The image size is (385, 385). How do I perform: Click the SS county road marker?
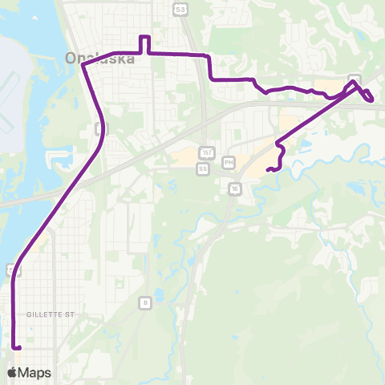click(202, 169)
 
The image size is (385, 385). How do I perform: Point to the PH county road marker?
click(229, 162)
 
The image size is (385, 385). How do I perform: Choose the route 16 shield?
click(234, 188)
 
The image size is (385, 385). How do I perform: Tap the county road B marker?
click(144, 302)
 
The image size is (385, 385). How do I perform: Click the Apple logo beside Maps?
click(13, 372)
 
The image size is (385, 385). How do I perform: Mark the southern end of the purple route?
click(16, 347)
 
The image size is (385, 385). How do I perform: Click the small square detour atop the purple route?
click(145, 43)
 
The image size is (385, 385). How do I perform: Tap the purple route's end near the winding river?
click(269, 169)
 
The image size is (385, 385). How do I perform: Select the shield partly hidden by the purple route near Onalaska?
click(98, 128)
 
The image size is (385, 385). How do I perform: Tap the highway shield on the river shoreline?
click(10, 268)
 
